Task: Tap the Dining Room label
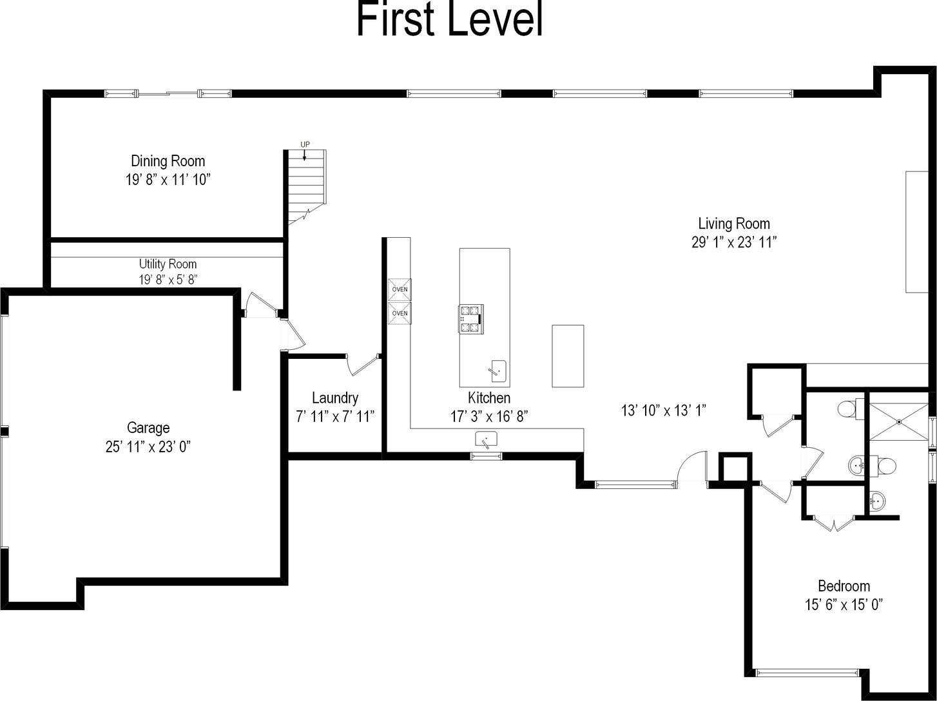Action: tap(168, 161)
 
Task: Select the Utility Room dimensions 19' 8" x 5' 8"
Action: tap(168, 280)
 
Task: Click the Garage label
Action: tap(148, 428)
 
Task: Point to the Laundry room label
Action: tap(335, 398)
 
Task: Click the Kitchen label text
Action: tap(488, 398)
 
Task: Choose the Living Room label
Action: tap(734, 223)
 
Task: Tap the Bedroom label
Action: tap(844, 586)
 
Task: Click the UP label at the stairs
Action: tap(305, 144)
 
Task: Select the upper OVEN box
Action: tap(400, 290)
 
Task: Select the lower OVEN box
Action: tap(400, 314)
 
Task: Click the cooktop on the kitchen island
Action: tap(471, 319)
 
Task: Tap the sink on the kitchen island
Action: tap(497, 371)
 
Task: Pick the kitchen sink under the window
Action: tap(486, 439)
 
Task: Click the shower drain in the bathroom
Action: tap(899, 421)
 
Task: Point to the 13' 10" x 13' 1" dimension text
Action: tap(663, 410)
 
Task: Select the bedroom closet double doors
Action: tap(833, 524)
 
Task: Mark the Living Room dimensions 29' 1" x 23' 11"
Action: tap(734, 242)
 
